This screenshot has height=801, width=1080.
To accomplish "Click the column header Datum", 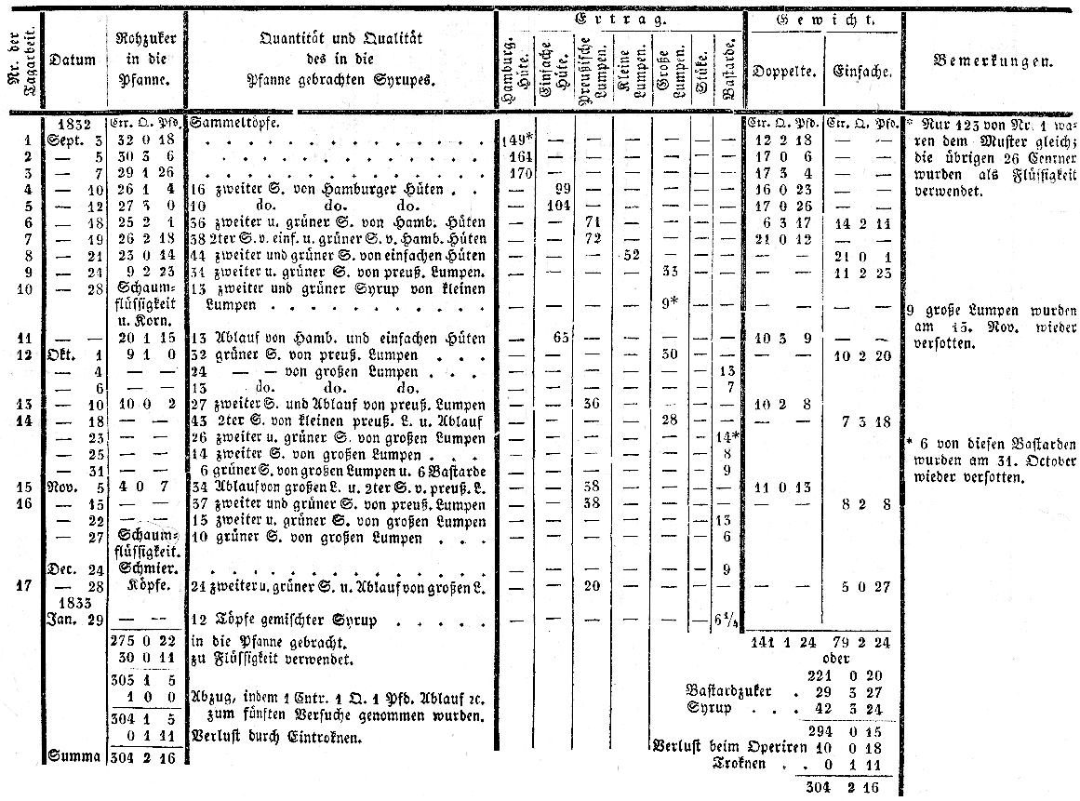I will coord(73,61).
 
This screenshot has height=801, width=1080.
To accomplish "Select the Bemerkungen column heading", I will coord(993,62).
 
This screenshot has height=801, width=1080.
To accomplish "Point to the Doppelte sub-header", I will coord(784,72).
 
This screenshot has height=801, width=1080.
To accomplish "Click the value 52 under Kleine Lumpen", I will coord(631,254).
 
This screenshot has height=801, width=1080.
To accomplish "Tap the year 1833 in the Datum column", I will coord(73,602).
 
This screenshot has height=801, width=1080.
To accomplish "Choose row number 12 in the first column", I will coord(24,354).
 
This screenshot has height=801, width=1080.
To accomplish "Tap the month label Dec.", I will coord(60,569).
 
